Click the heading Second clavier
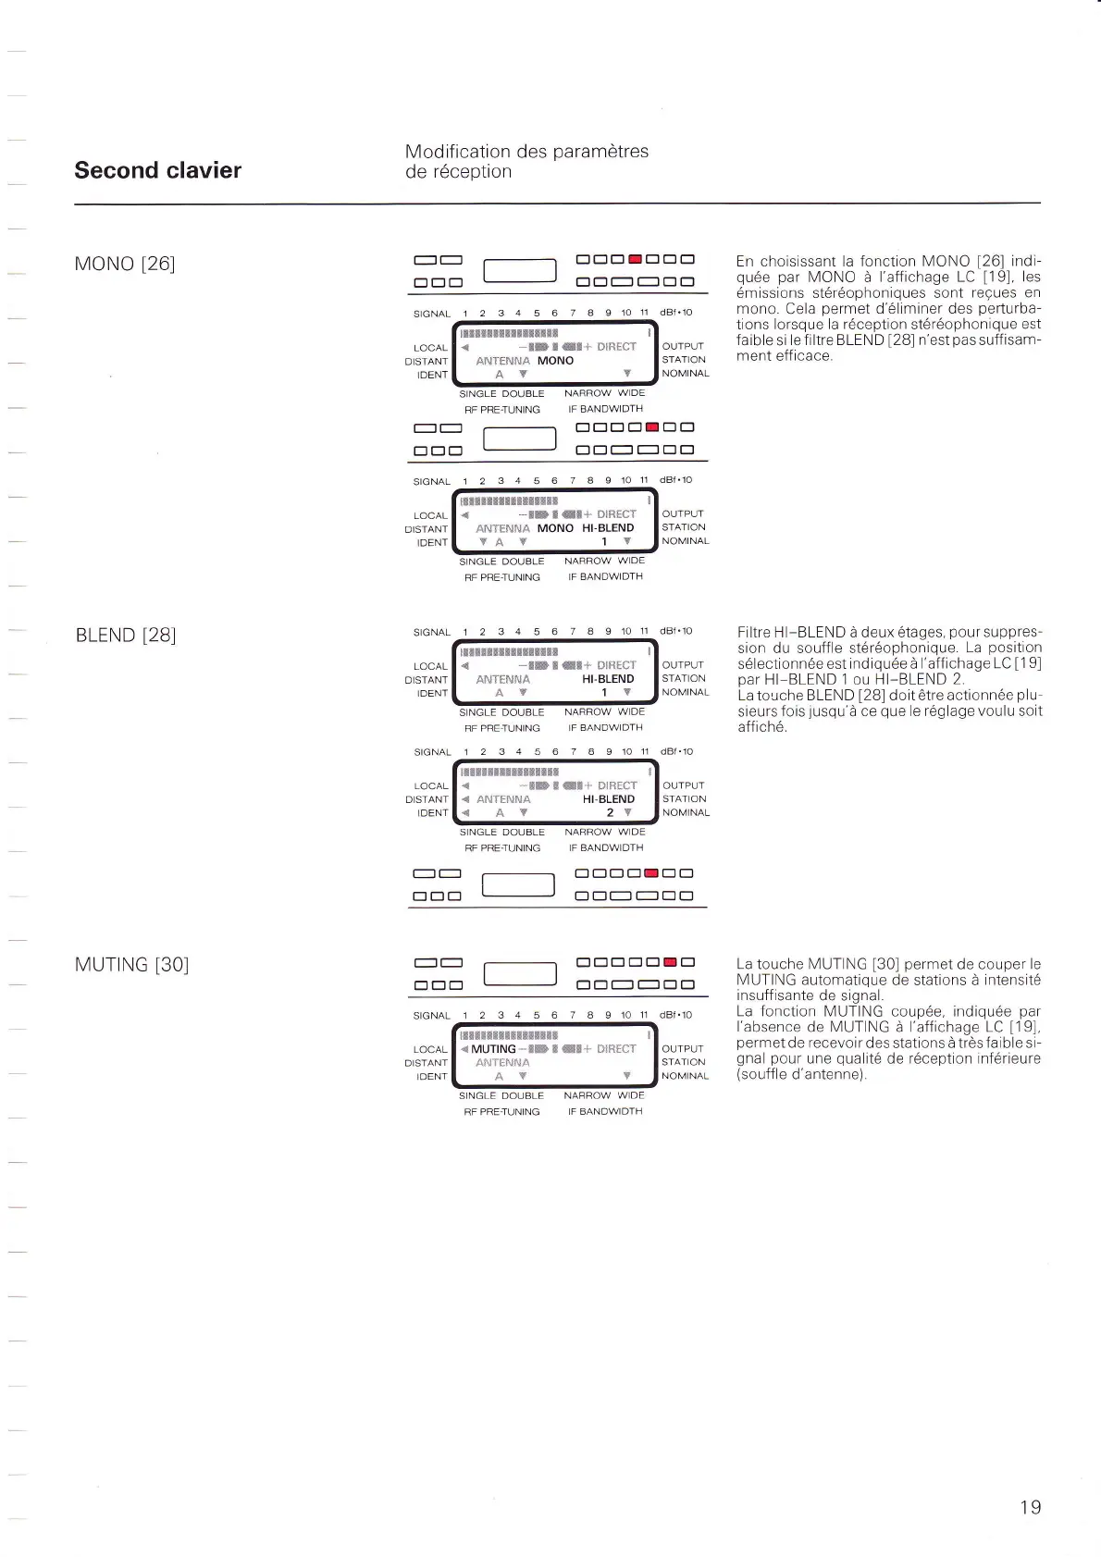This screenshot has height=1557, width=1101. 157,170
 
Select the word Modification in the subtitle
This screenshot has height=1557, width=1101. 457,152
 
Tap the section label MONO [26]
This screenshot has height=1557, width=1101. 124,264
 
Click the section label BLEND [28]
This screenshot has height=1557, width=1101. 126,635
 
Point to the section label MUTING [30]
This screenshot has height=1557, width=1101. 131,965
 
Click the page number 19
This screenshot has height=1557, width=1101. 1030,1507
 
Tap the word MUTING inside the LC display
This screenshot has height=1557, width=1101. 493,1049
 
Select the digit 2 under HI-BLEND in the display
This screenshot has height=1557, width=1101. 610,812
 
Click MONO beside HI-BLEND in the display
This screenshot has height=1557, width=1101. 555,528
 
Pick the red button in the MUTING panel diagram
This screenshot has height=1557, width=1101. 671,962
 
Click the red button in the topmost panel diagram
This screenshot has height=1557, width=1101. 635,260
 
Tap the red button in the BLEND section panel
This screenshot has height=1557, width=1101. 650,872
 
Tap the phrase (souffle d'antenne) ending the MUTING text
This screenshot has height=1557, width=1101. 801,1074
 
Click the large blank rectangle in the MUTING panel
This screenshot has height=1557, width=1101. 520,974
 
